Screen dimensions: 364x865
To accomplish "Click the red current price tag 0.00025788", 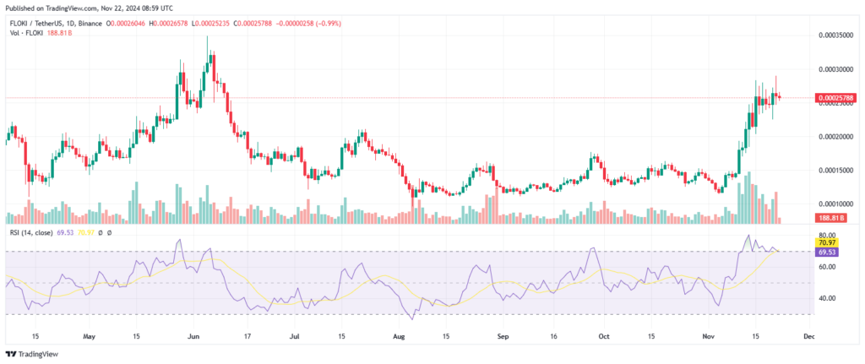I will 836,98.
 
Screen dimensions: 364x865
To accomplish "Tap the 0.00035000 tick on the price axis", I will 836,35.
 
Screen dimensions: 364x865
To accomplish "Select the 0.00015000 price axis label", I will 836,170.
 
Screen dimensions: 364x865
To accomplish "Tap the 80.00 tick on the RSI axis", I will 827,235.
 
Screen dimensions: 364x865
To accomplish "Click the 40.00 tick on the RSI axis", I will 827,298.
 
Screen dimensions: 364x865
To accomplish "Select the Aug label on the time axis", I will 400,335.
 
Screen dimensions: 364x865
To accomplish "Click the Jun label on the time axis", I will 193,335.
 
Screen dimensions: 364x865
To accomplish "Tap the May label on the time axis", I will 90,335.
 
